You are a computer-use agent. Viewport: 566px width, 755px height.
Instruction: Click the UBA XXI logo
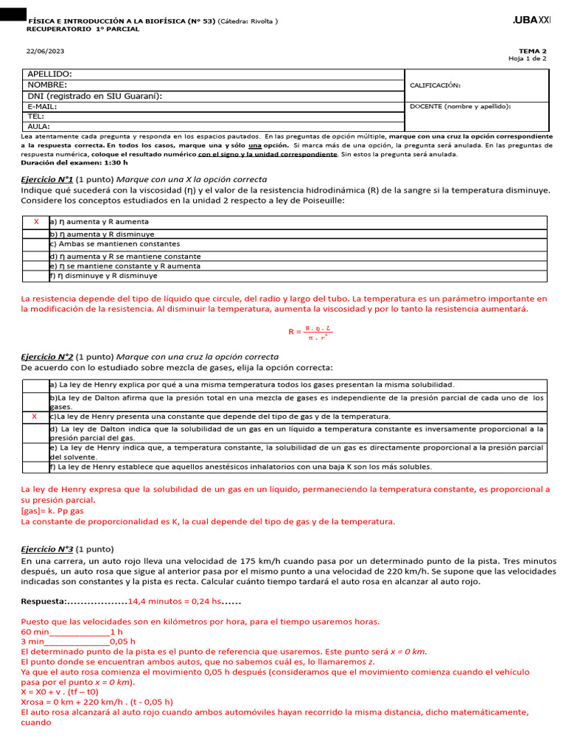click(x=531, y=21)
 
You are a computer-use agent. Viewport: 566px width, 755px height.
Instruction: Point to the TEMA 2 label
click(x=534, y=51)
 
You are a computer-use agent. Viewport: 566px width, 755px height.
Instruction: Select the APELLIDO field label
click(x=50, y=74)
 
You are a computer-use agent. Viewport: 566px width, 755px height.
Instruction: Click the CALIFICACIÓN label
click(x=435, y=86)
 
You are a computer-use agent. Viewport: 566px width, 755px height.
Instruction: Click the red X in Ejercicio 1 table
click(x=36, y=222)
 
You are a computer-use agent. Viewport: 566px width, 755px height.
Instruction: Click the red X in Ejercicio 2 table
click(x=35, y=417)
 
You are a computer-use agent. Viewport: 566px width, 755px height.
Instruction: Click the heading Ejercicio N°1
click(x=47, y=180)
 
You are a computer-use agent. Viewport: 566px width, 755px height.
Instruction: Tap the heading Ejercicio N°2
click(x=47, y=356)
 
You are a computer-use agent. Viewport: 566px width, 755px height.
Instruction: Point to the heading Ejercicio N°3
click(x=47, y=549)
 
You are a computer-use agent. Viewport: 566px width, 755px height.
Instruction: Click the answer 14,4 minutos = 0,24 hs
click(x=175, y=602)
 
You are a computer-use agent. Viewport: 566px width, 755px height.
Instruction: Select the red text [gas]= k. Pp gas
click(x=52, y=510)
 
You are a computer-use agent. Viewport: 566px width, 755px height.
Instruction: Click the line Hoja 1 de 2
click(x=528, y=59)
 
